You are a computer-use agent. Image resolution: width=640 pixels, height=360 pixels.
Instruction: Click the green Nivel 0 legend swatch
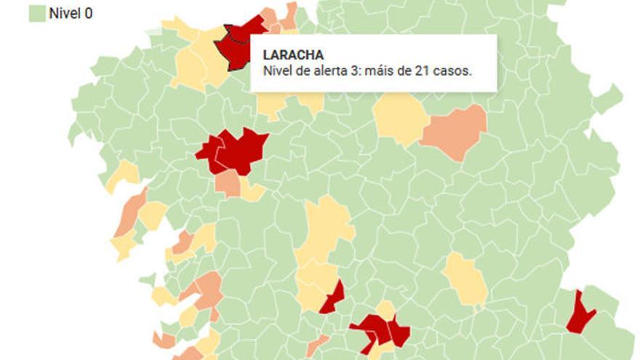click(x=36, y=12)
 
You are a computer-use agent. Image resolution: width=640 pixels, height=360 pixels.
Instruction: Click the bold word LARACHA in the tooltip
click(x=293, y=55)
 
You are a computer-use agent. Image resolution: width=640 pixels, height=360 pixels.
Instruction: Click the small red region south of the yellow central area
click(x=333, y=299)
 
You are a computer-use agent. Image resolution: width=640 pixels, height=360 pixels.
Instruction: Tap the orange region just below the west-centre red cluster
click(x=228, y=184)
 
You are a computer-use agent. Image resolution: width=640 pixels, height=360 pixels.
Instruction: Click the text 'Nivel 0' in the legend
click(x=71, y=12)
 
